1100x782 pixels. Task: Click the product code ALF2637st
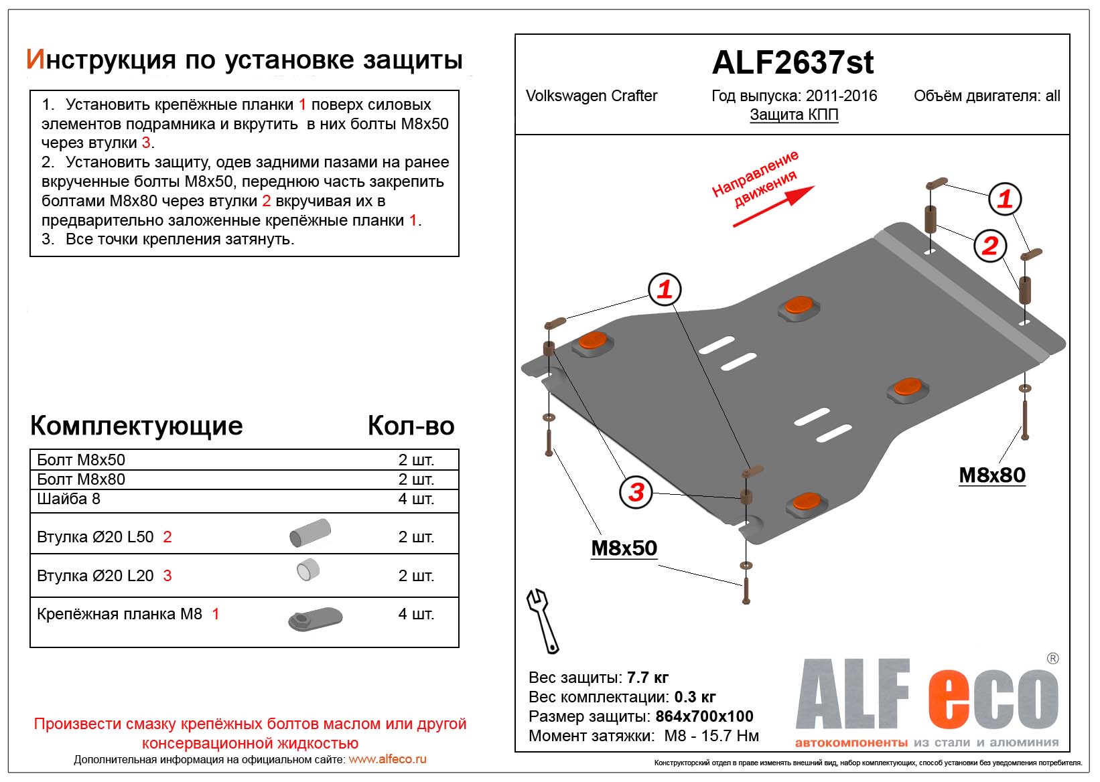pos(793,63)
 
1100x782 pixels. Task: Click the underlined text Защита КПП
pos(794,114)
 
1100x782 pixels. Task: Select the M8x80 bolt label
pos(992,475)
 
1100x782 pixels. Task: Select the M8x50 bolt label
pos(624,548)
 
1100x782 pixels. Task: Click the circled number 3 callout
pos(636,492)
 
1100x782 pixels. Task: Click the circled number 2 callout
pos(990,246)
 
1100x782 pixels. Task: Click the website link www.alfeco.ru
pos(387,759)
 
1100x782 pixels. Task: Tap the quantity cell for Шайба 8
pos(416,499)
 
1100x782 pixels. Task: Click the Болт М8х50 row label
pos(81,460)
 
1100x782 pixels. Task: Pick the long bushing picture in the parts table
pos(310,533)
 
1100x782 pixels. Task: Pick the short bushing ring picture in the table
pos(308,570)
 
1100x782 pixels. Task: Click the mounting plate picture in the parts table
pos(316,619)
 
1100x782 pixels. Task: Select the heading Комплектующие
pos(137,426)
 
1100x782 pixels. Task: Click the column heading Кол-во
pos(411,426)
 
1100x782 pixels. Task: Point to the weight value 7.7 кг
pos(647,678)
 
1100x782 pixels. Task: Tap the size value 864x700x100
pos(704,716)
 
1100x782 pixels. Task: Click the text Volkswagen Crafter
pos(592,96)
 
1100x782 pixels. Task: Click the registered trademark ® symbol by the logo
pos(1053,659)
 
